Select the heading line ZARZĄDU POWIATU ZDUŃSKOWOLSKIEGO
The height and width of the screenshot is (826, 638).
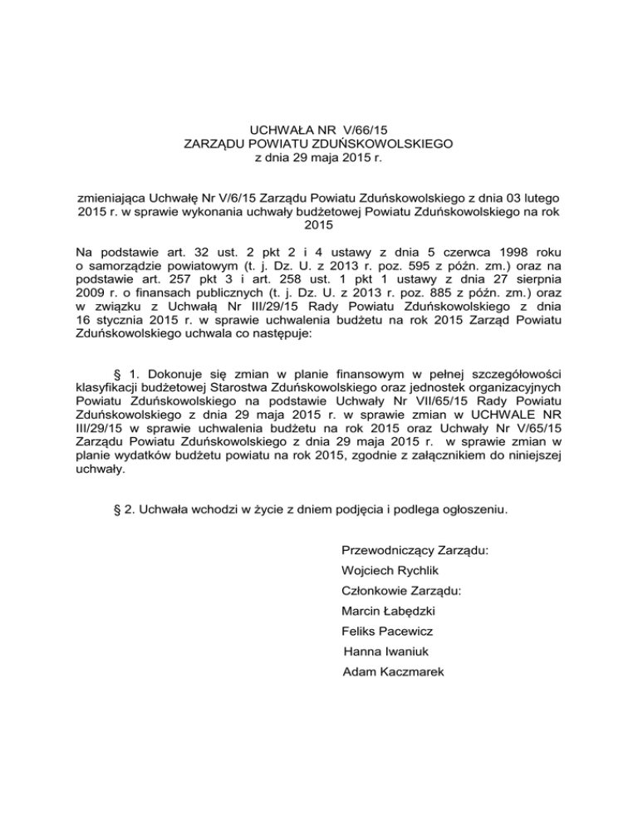point(319,144)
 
